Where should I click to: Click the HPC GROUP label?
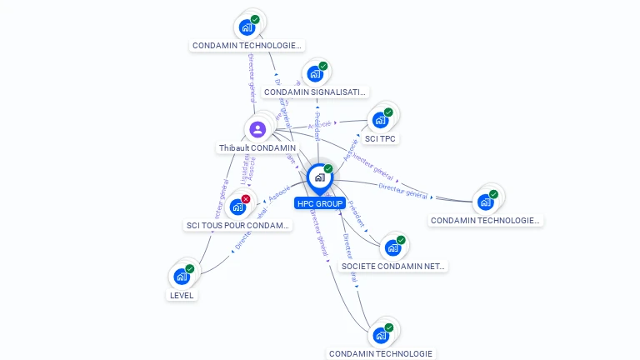319,203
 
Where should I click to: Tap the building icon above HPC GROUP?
319,177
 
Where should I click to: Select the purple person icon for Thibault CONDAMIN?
257,129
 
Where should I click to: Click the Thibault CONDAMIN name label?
257,148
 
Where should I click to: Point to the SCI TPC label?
380,138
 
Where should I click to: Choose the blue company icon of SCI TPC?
380,120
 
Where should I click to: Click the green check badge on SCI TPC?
388,112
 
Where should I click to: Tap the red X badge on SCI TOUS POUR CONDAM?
246,199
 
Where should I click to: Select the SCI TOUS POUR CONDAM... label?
238,225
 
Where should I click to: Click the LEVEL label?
182,295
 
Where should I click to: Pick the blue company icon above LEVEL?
182,277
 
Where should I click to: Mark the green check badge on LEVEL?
190,269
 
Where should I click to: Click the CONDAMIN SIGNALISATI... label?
315,92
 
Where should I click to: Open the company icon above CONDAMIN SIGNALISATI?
315,74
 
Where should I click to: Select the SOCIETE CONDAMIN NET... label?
393,267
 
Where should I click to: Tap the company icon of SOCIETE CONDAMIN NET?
392,247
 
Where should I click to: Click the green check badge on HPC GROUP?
328,169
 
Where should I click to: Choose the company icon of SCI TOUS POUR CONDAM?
237,207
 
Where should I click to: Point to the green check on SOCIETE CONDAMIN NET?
401,240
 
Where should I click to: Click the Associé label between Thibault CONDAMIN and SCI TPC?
317,126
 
